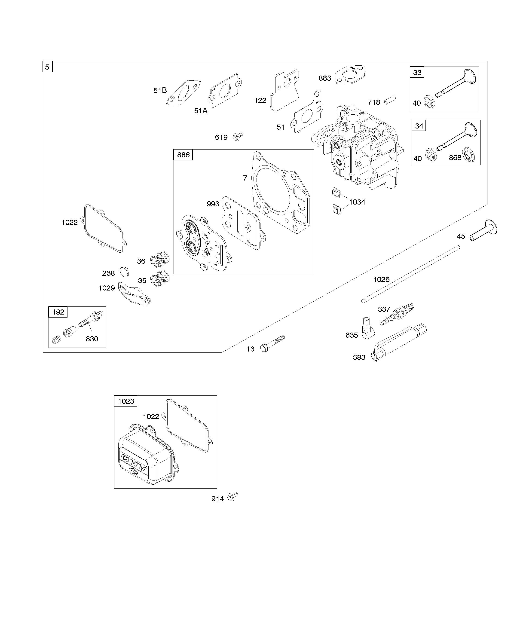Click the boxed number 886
183,155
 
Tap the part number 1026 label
381,279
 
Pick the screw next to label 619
238,136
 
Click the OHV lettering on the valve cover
134,463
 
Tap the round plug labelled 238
125,271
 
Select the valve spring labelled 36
160,258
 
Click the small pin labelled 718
390,100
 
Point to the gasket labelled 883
350,75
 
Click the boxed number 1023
126,401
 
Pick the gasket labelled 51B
183,92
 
